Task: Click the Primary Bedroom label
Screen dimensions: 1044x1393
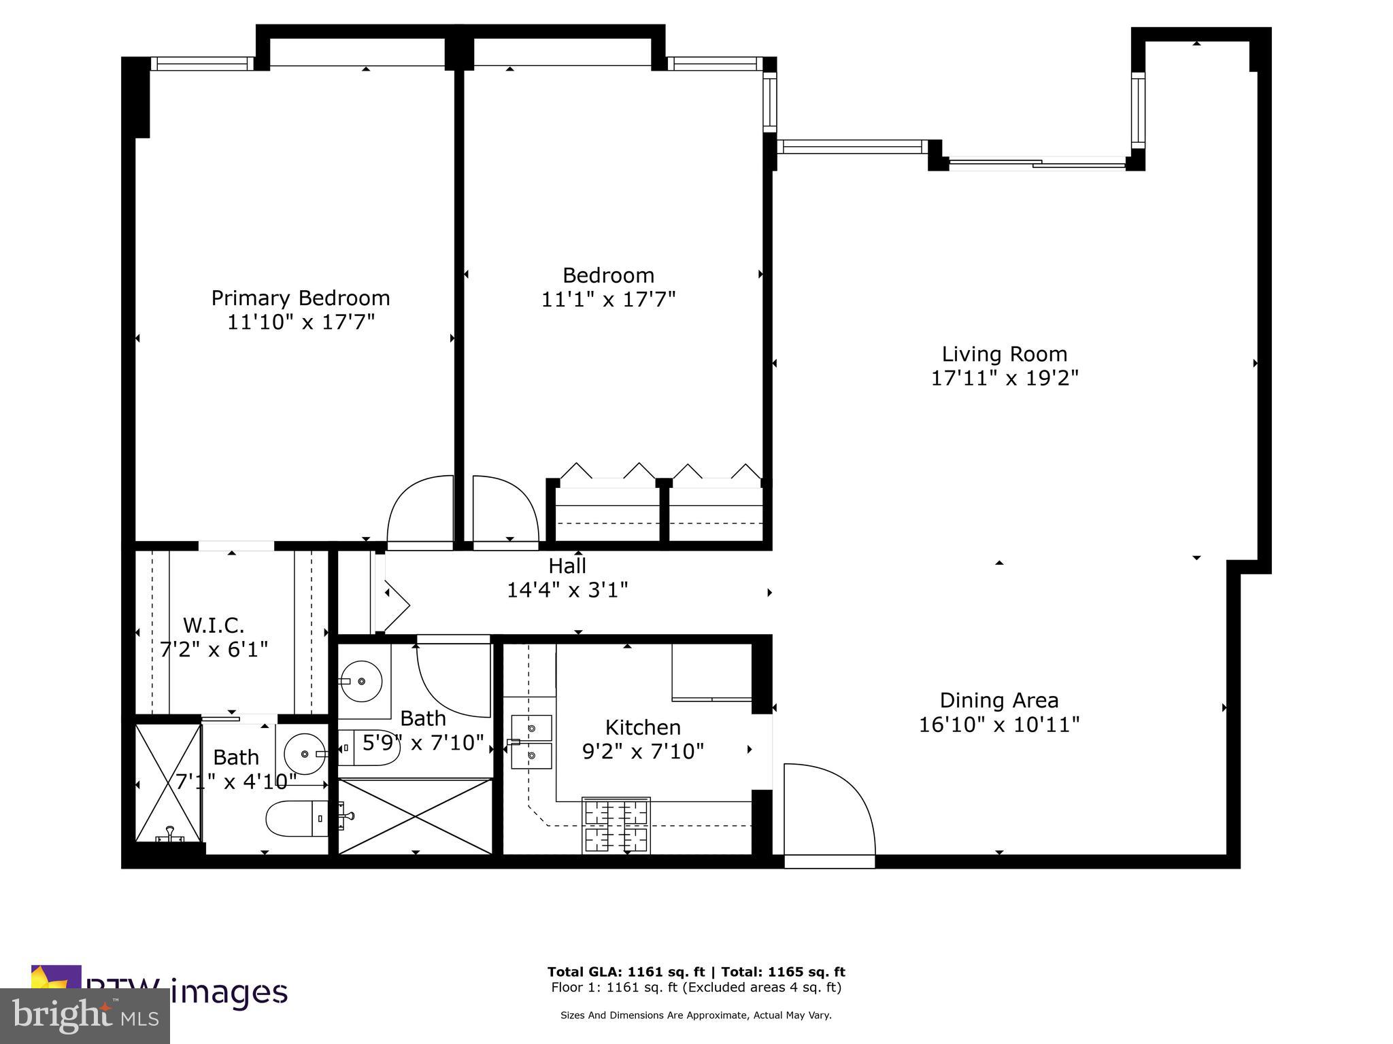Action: click(300, 298)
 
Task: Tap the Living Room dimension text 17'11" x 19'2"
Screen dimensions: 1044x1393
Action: click(1004, 378)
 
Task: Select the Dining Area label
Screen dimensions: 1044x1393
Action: click(998, 700)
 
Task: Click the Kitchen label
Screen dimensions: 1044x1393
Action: click(643, 727)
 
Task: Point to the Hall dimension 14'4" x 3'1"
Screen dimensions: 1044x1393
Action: click(567, 590)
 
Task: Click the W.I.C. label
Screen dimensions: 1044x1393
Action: click(214, 625)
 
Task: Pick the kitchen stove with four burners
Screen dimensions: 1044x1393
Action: click(616, 825)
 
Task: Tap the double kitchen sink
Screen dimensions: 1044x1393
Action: click(531, 741)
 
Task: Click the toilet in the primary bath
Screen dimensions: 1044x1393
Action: click(299, 818)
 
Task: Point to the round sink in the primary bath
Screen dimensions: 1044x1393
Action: click(304, 754)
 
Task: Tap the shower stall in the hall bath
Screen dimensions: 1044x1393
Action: click(415, 816)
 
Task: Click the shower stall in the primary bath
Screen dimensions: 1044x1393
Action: click(167, 782)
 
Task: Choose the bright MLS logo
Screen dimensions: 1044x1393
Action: click(85, 1015)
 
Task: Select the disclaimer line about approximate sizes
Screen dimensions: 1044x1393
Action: click(695, 1015)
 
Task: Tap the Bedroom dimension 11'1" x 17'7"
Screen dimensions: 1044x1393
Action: click(608, 300)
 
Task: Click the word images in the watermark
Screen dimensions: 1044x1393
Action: click(229, 992)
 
